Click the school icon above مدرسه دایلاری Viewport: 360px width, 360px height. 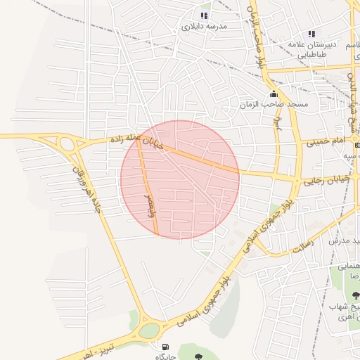click(x=204, y=15)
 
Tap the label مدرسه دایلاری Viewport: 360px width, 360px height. click(x=203, y=27)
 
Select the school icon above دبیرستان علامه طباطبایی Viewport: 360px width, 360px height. click(x=311, y=34)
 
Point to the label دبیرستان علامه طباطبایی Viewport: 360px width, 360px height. click(x=311, y=49)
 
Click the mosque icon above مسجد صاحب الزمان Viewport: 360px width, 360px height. click(x=273, y=94)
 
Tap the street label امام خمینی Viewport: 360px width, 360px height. click(x=325, y=142)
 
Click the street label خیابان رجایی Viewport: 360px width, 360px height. click(x=326, y=181)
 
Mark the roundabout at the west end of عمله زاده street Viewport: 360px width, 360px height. click(x=68, y=145)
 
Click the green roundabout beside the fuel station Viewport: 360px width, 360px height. click(x=149, y=330)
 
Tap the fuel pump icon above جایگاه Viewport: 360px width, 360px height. click(x=165, y=346)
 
